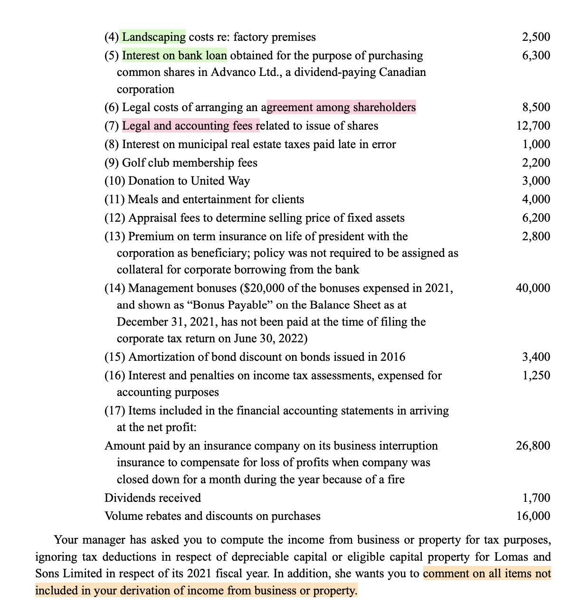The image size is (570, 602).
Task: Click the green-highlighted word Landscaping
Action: coord(154,37)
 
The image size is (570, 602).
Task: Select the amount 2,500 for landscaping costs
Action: coord(536,37)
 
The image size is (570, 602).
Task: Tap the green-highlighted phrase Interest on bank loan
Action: coord(174,56)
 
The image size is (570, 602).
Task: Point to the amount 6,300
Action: coord(536,56)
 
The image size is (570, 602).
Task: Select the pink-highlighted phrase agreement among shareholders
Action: coord(341,108)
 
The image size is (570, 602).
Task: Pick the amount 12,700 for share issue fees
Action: coord(533,126)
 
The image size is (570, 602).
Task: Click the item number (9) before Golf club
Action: coord(112,163)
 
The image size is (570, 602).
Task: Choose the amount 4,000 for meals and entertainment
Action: coord(536,199)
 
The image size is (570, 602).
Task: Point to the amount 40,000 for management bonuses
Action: coord(533,288)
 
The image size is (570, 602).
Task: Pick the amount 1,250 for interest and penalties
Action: coord(536,376)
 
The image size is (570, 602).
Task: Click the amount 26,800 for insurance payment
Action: coord(533,446)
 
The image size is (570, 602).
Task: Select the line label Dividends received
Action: coord(152,498)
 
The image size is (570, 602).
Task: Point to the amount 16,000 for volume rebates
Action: coord(533,516)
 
